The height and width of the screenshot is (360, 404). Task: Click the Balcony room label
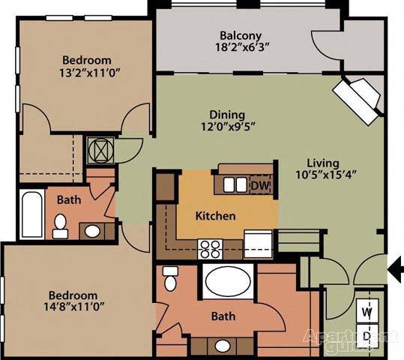(x=241, y=36)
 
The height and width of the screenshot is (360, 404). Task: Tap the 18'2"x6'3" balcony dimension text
(x=242, y=47)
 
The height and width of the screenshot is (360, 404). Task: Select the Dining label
(x=227, y=115)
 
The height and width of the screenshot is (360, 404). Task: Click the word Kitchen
(x=215, y=216)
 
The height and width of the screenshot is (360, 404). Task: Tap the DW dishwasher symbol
(x=261, y=185)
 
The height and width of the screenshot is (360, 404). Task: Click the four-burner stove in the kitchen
(x=210, y=249)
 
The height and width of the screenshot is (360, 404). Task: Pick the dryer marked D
(x=367, y=335)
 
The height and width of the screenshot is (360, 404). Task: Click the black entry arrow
(x=396, y=269)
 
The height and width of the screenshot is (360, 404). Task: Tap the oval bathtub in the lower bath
(x=229, y=281)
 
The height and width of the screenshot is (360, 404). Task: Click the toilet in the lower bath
(x=170, y=278)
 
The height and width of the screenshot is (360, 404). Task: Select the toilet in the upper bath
(x=60, y=226)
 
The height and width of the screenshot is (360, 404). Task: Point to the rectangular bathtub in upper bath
(x=32, y=214)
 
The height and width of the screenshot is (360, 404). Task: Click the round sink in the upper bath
(x=92, y=232)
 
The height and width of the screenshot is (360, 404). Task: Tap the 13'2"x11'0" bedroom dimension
(x=90, y=73)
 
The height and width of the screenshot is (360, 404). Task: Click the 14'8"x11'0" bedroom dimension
(x=73, y=307)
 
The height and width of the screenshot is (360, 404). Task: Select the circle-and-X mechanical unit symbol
(x=100, y=150)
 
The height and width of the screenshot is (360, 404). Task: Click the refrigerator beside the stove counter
(x=258, y=244)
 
